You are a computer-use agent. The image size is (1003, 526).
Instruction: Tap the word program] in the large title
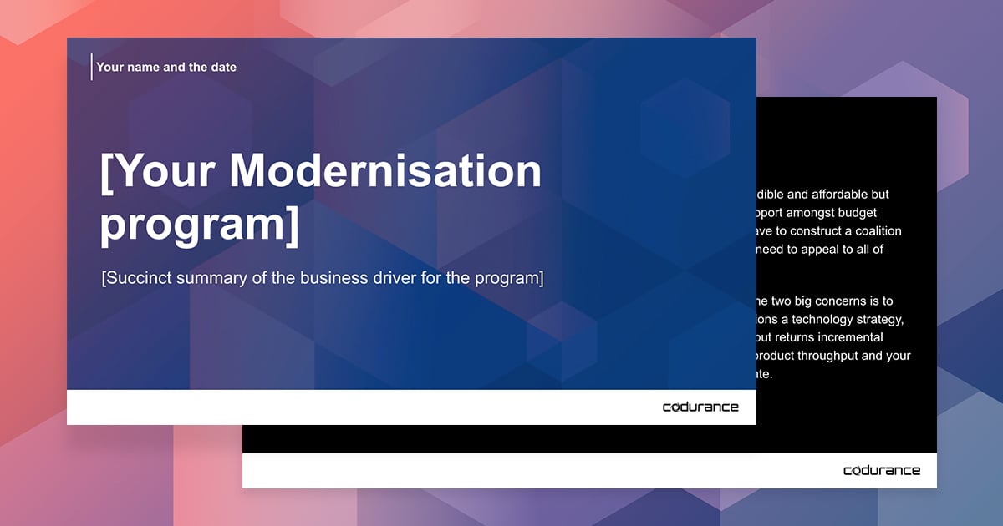point(199,225)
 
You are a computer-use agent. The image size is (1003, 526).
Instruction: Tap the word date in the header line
point(221,67)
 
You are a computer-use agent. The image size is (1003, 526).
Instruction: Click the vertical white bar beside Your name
point(91,67)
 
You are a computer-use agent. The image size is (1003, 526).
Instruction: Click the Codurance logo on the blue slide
point(700,407)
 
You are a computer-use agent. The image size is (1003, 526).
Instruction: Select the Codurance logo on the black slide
point(882,471)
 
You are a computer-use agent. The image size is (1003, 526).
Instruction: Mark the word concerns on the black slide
point(843,301)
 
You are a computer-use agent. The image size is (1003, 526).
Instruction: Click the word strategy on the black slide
point(879,319)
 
